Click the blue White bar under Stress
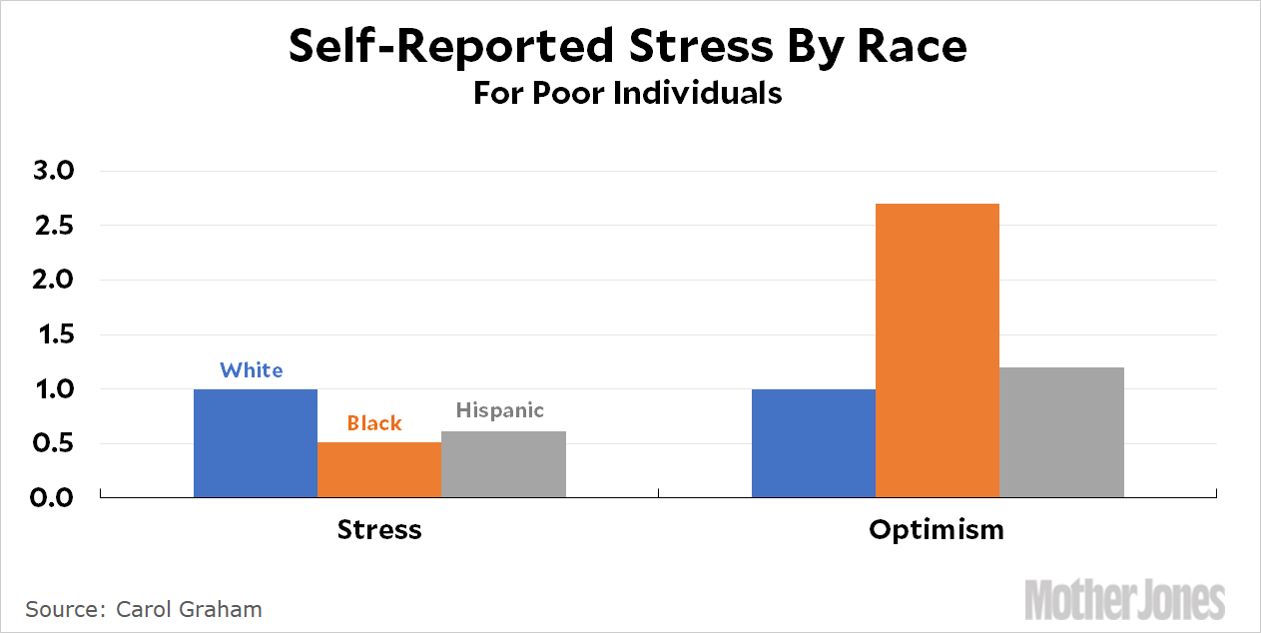[256, 442]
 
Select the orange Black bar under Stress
[379, 469]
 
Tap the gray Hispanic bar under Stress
[503, 464]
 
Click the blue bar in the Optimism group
[813, 442]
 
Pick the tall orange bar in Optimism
[937, 349]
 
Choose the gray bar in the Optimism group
[1061, 431]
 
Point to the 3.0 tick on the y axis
[52, 172]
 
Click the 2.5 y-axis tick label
[52, 227]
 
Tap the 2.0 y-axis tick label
[52, 281]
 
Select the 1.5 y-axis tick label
[52, 335]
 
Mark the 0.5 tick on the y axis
[52, 443]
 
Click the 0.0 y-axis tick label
[52, 497]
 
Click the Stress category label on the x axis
[379, 529]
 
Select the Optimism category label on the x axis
[937, 529]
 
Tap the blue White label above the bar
[252, 370]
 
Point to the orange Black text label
[374, 423]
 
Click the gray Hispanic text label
[500, 410]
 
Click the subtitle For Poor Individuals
[627, 94]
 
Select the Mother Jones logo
[1125, 599]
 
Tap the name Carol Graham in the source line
[189, 609]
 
